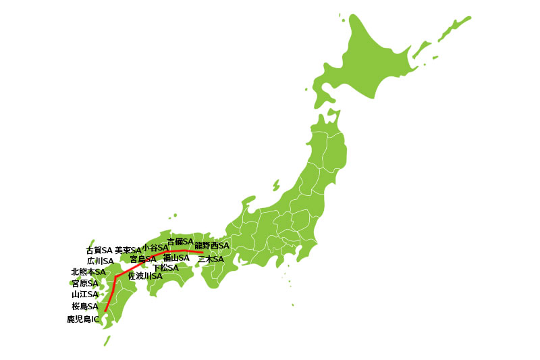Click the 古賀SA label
coord(99,250)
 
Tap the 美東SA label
coord(128,250)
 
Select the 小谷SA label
coord(155,248)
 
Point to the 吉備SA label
coord(180,241)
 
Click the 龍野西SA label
coord(212,245)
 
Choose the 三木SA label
coord(210,259)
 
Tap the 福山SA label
coord(176,257)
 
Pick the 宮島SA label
coord(143,259)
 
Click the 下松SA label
coord(165,267)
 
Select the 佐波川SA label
coord(145,276)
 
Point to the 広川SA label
coord(100,261)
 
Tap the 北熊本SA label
coord(88,272)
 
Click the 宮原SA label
coord(85,283)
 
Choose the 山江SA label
coord(85,294)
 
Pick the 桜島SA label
coord(85,306)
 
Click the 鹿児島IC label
coord(83,318)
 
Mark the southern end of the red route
coord(105,311)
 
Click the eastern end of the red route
coord(202,253)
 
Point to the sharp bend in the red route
coord(115,277)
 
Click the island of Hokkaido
coord(378,61)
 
